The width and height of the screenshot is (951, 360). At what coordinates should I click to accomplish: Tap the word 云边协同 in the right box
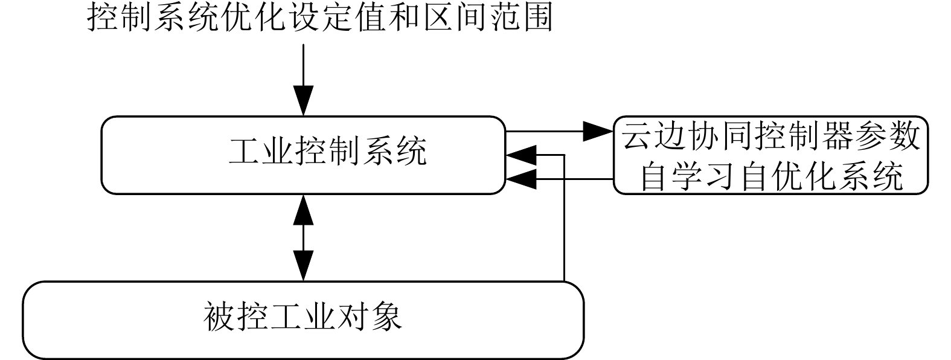[x=689, y=137]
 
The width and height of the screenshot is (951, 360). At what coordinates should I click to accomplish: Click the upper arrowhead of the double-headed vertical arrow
[x=303, y=209]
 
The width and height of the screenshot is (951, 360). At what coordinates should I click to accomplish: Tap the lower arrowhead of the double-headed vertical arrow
[x=303, y=266]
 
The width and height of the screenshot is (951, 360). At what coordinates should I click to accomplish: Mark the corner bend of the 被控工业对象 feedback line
[x=564, y=155]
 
